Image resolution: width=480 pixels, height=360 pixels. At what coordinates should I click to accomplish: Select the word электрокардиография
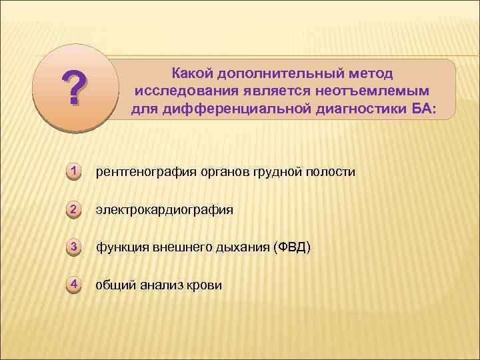164,210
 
